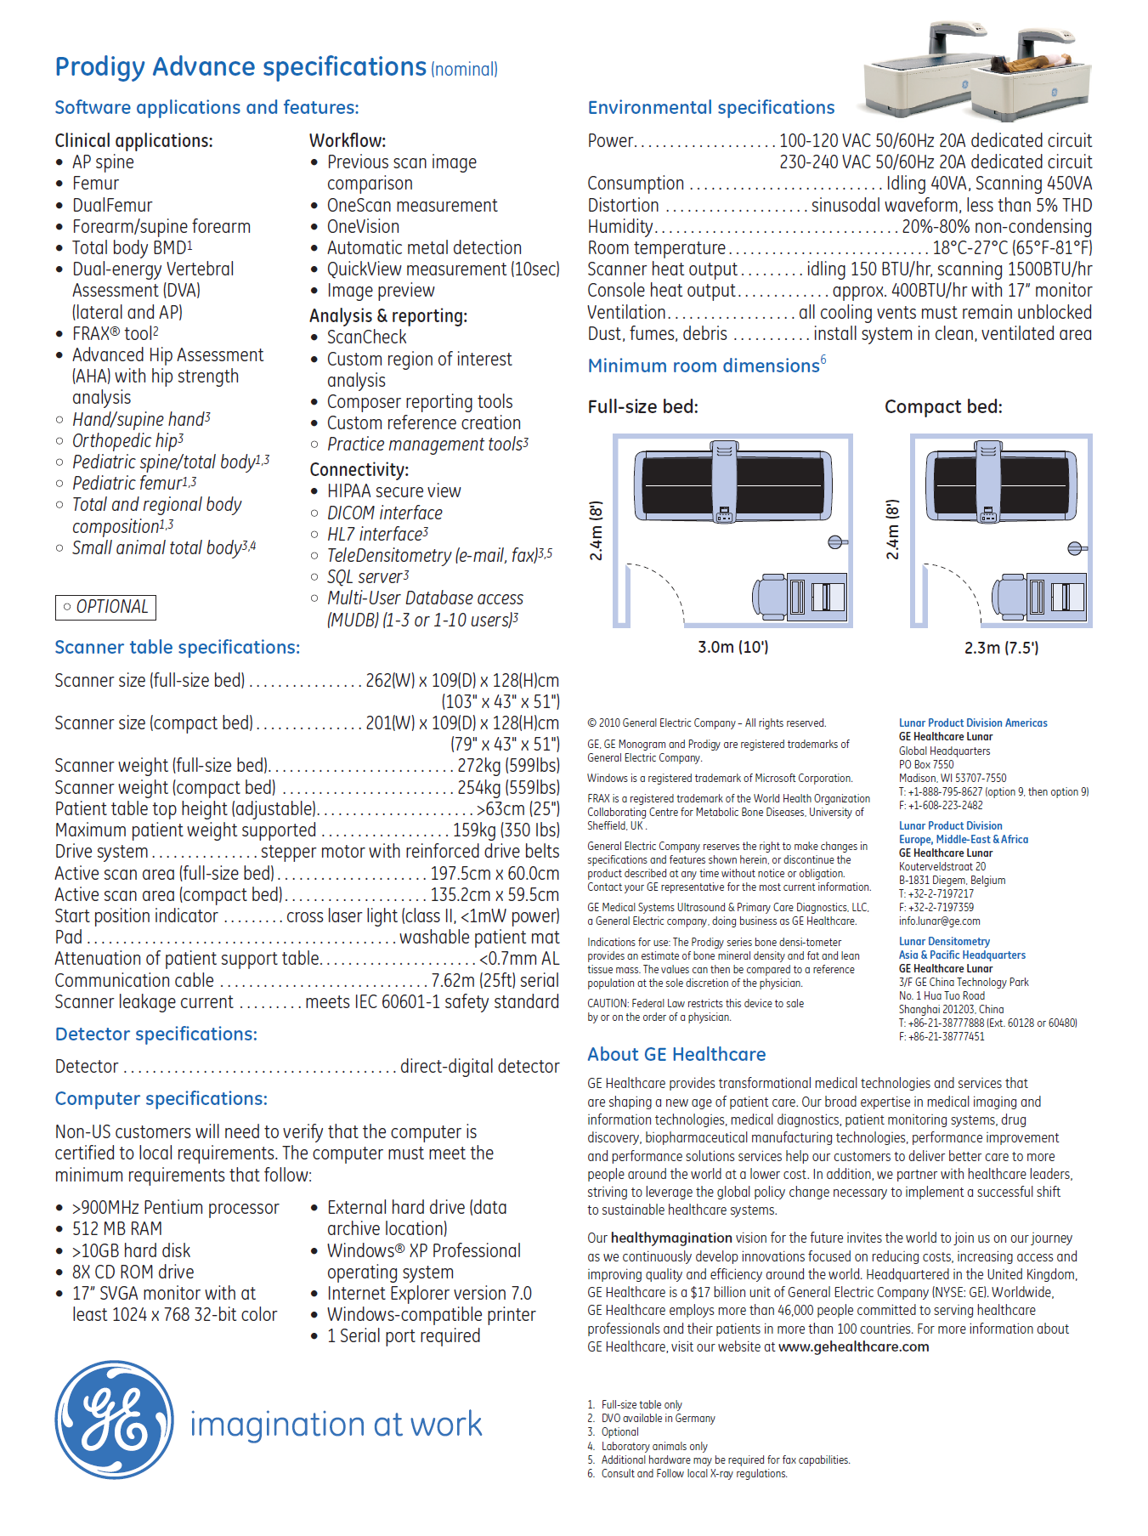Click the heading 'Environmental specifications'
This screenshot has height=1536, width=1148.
[710, 108]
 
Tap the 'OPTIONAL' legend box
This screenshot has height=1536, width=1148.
[105, 607]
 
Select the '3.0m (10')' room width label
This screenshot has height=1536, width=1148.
[732, 647]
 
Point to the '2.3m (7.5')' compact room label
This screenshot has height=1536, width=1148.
[1001, 648]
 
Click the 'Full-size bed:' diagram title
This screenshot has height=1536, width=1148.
[642, 407]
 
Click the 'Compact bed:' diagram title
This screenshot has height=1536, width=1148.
[943, 407]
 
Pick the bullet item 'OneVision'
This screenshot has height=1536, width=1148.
[363, 227]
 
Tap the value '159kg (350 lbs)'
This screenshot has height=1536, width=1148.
[506, 830]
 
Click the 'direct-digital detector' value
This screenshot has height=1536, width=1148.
[479, 1067]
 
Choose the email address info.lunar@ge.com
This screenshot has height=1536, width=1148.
[939, 921]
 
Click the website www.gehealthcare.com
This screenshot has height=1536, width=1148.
[853, 1347]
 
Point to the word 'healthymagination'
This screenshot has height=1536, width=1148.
[671, 1238]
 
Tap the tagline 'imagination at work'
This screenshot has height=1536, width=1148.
[336, 1425]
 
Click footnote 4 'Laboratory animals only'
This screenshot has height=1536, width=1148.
[653, 1447]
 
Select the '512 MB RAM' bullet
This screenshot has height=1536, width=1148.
[117, 1229]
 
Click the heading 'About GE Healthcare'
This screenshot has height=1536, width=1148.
[676, 1055]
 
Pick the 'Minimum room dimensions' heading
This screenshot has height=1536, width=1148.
[704, 366]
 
